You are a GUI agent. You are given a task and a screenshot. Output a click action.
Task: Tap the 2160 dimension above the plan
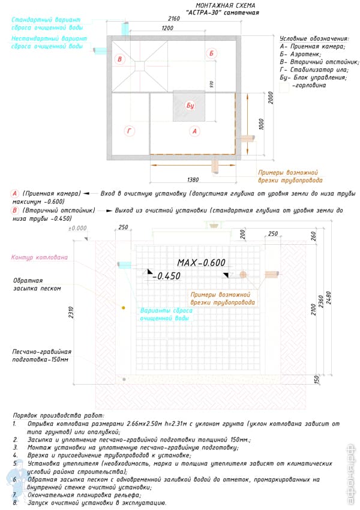[x=173, y=19]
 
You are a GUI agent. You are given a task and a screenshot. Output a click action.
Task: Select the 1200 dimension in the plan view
[x=159, y=29]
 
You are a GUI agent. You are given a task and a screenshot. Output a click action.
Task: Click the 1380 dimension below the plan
[x=193, y=180]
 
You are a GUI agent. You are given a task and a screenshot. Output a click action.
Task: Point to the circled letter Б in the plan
[x=211, y=53]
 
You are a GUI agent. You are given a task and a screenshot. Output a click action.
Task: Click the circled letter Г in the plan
[x=128, y=130]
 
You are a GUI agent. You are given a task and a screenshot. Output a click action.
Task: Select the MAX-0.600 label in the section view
[x=201, y=262]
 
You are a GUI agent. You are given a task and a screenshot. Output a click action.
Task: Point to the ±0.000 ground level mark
[x=77, y=229]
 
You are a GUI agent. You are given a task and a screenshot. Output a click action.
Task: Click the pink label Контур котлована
[x=39, y=257]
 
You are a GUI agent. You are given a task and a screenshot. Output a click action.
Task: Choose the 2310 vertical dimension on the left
[x=71, y=311]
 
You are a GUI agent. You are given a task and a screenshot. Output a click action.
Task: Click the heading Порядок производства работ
[x=58, y=415]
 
